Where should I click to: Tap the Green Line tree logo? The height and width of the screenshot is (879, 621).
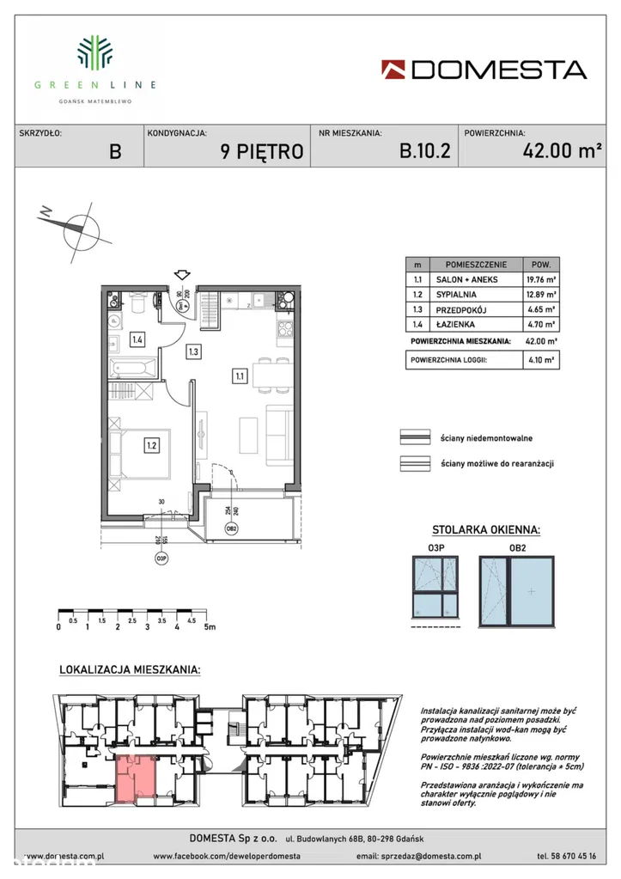[x=95, y=52]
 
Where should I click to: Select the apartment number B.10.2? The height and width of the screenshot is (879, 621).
[x=425, y=152]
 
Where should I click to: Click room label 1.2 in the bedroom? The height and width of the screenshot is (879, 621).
[x=151, y=445]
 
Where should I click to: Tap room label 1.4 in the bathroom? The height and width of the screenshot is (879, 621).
[x=137, y=339]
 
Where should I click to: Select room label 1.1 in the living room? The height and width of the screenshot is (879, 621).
[x=240, y=375]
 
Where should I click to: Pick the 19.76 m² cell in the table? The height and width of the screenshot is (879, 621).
[x=542, y=279]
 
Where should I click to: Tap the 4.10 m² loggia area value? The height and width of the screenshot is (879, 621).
[x=542, y=361]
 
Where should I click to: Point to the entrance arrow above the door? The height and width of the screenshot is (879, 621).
[x=182, y=274]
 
